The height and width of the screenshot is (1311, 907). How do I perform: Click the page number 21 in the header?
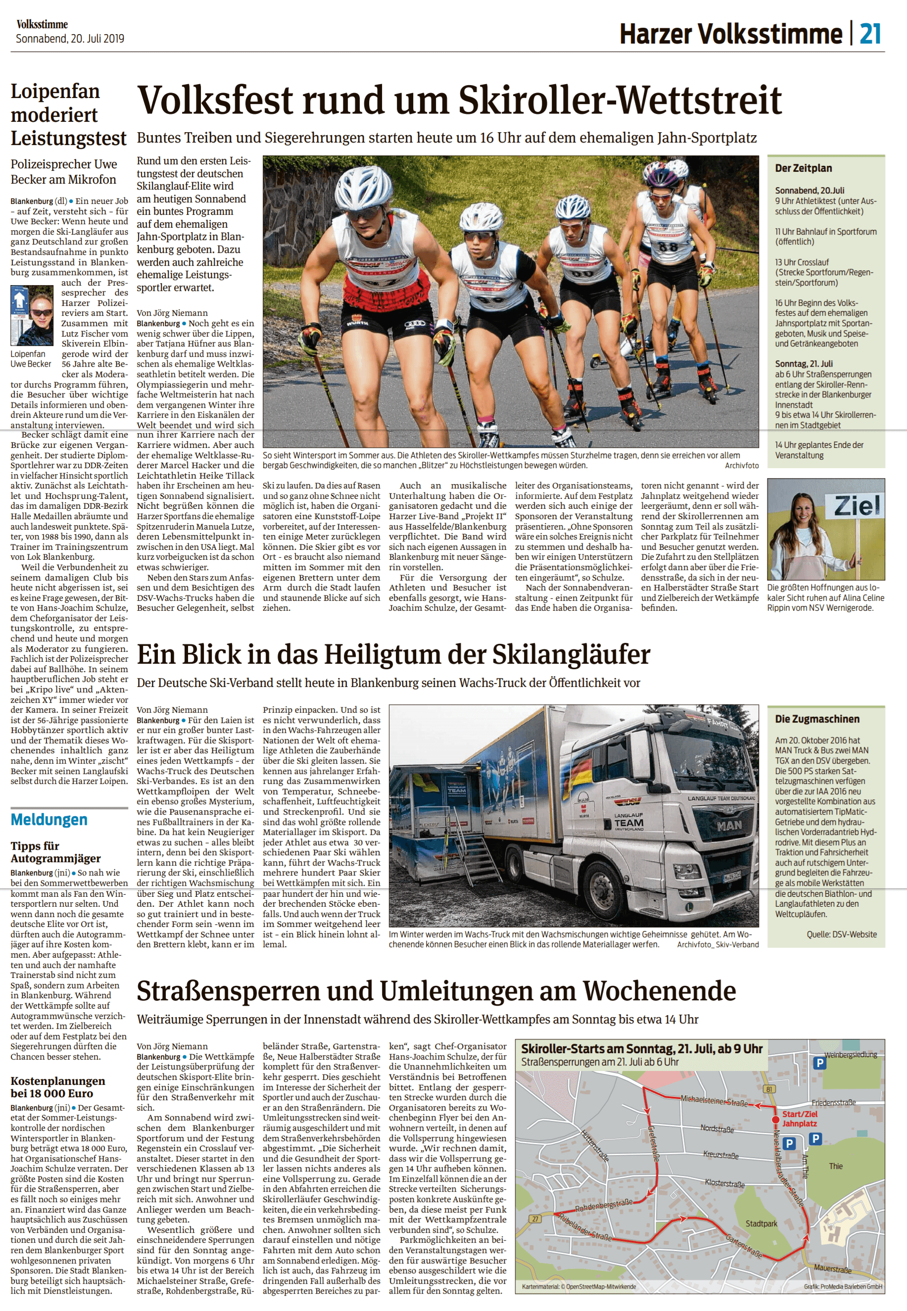pos(870,34)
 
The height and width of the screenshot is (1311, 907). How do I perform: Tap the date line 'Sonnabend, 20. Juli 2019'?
pos(70,39)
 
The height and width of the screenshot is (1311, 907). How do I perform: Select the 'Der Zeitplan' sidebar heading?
pos(803,168)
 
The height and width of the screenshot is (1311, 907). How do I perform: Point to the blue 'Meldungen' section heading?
pos(49,820)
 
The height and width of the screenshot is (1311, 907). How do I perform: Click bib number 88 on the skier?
pos(667,246)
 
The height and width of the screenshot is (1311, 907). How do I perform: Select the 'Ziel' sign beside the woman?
pos(857,506)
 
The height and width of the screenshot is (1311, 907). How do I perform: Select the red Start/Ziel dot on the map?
pos(775,1120)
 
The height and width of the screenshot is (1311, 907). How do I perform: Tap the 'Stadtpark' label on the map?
pos(761,1223)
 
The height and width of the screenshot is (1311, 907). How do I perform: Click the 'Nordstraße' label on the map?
pos(716,1128)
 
